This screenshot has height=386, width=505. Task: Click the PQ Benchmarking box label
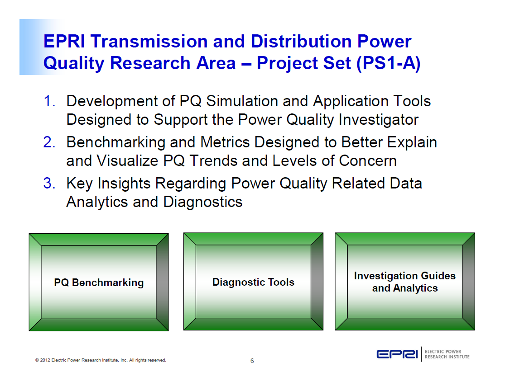pos(99,283)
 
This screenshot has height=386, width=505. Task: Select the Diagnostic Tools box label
pos(253,282)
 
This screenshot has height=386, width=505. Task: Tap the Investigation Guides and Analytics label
pos(405,282)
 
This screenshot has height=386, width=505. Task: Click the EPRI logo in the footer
pos(397,354)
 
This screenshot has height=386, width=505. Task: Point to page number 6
pos(252,361)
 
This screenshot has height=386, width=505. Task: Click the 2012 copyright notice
pos(101,360)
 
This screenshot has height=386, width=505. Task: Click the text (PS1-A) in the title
pos(389,63)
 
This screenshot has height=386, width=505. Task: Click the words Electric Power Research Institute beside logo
pos(447,354)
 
